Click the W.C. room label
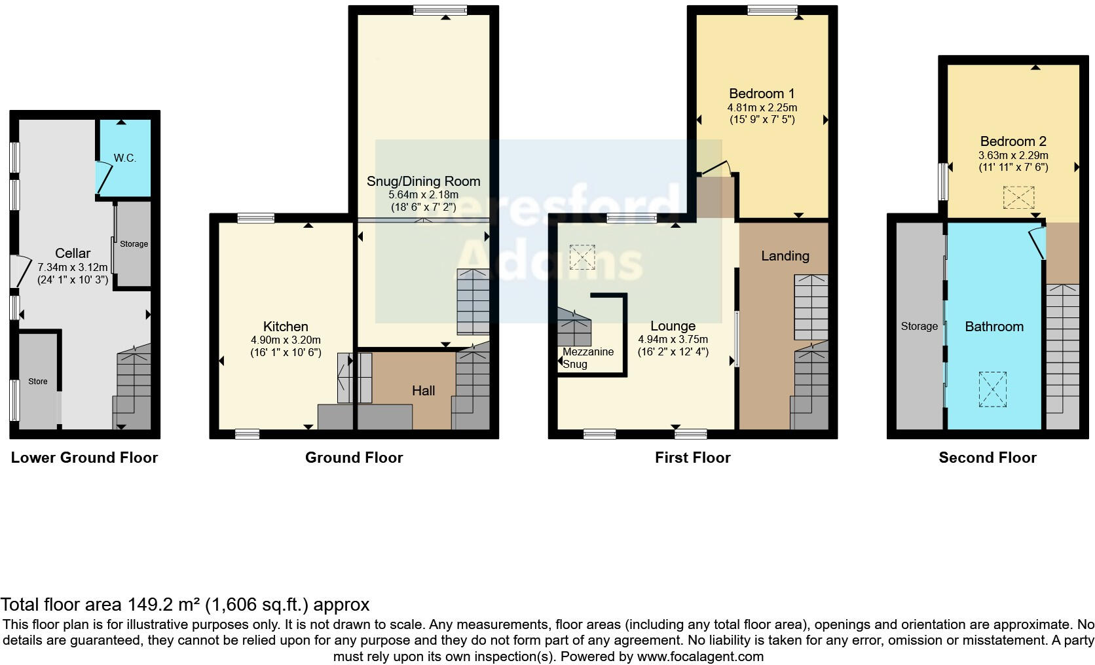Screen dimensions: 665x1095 pyautogui.click(x=124, y=158)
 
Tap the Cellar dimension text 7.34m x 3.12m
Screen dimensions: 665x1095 pyautogui.click(x=73, y=267)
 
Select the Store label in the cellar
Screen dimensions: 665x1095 pyautogui.click(x=38, y=382)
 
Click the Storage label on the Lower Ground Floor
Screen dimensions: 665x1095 pyautogui.click(x=134, y=244)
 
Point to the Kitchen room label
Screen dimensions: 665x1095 pyautogui.click(x=286, y=327)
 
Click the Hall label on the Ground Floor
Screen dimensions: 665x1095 pyautogui.click(x=423, y=391)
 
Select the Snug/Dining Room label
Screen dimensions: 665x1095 pyautogui.click(x=423, y=181)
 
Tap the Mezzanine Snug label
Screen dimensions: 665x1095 pyautogui.click(x=587, y=357)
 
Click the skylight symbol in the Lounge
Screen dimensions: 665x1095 pyautogui.click(x=582, y=257)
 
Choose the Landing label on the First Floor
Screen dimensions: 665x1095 pyautogui.click(x=785, y=256)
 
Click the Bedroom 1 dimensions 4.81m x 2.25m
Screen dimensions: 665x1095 pyautogui.click(x=762, y=107)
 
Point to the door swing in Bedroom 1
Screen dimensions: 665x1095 pyautogui.click(x=716, y=168)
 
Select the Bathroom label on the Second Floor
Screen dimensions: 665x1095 pyautogui.click(x=993, y=327)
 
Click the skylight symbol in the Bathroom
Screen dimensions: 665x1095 pyautogui.click(x=993, y=389)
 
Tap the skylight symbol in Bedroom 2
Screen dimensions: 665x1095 pyautogui.click(x=1018, y=198)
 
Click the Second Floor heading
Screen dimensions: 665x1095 pyautogui.click(x=987, y=458)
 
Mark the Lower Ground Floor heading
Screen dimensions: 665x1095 pyautogui.click(x=84, y=458)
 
